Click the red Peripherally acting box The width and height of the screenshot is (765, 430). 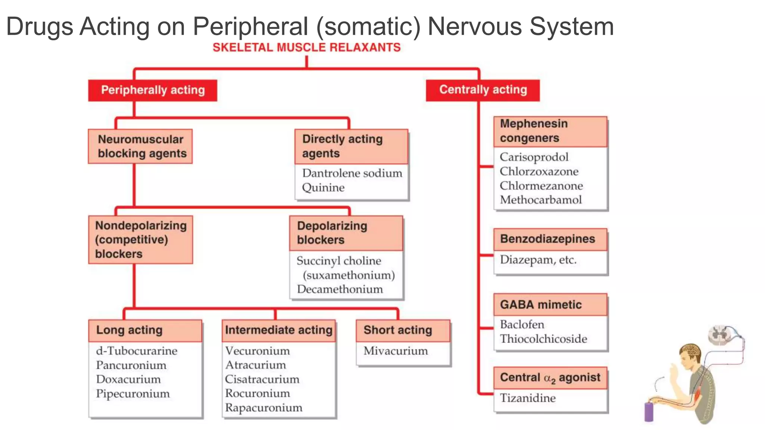pyautogui.click(x=152, y=90)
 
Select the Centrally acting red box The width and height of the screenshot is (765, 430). pyautogui.click(x=483, y=90)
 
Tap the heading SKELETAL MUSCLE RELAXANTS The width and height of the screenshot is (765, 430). pyautogui.click(x=306, y=47)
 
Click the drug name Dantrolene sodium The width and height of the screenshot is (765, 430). pyautogui.click(x=352, y=173)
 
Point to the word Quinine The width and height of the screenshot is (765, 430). pyautogui.click(x=323, y=187)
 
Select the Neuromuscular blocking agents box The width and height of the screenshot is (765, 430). pyautogui.click(x=140, y=146)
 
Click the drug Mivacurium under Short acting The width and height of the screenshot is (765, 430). pyautogui.click(x=396, y=351)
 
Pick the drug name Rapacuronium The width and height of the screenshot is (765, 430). pyautogui.click(x=264, y=408)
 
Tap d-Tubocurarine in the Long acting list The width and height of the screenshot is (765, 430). pyautogui.click(x=137, y=351)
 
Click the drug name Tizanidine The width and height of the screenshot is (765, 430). pyautogui.click(x=528, y=398)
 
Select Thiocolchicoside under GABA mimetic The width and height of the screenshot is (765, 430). pyautogui.click(x=543, y=339)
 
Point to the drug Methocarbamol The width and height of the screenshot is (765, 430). pyautogui.click(x=541, y=200)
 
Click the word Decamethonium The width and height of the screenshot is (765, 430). pyautogui.click(x=340, y=289)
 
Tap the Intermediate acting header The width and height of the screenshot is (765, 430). pyautogui.click(x=279, y=330)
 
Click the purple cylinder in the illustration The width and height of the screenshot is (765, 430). pyautogui.click(x=649, y=412)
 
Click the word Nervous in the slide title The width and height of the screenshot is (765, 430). pyautogui.click(x=475, y=27)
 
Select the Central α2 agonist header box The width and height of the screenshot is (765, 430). pyautogui.click(x=550, y=378)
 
